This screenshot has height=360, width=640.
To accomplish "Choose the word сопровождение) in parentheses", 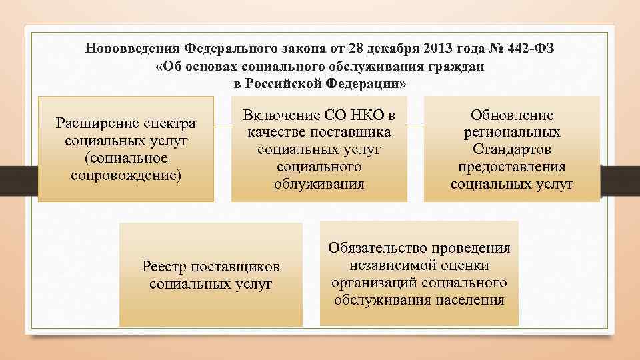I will point(125,175).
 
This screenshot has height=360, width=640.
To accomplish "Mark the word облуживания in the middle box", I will point(319,183).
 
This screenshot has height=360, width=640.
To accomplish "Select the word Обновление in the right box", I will point(512,115).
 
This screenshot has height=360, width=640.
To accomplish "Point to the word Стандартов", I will point(512,149).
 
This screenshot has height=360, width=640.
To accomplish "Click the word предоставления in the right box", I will point(512,167).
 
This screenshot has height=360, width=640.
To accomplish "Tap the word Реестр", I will point(164,267).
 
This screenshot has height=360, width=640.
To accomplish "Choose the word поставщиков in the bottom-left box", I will point(235,267).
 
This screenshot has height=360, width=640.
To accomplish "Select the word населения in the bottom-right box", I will point(469,299).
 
